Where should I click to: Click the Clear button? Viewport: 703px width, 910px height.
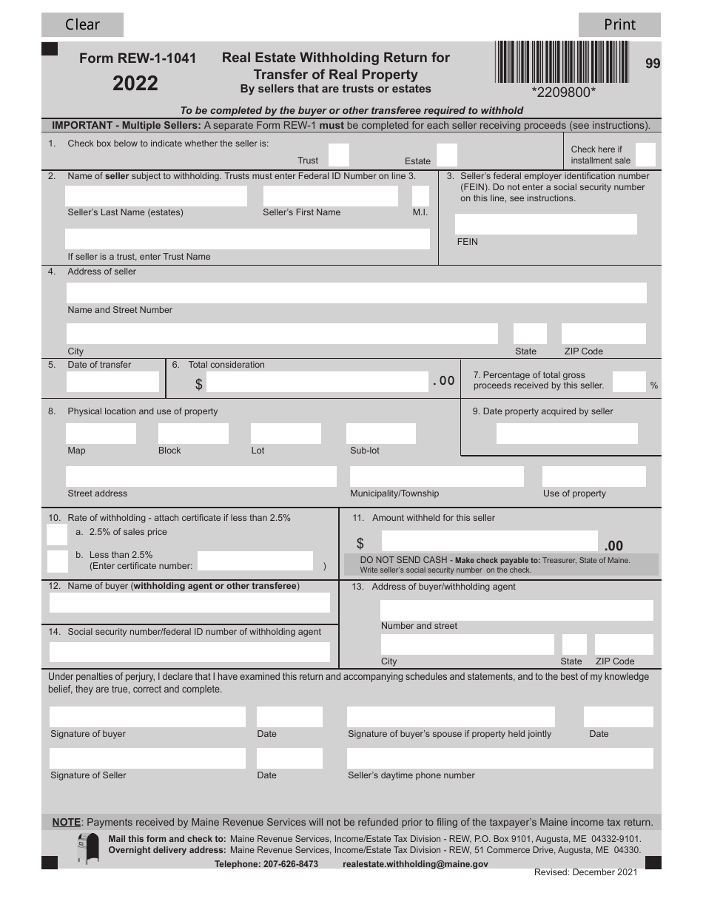(x=82, y=25)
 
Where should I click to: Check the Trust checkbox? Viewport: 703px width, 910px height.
(x=338, y=155)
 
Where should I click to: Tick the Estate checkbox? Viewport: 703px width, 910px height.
(x=447, y=155)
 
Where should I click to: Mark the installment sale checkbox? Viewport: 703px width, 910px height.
(x=645, y=154)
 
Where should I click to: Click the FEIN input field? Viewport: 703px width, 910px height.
(x=545, y=224)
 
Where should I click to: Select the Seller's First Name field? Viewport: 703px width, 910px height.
(x=330, y=196)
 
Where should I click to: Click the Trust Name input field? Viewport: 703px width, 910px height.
(x=247, y=239)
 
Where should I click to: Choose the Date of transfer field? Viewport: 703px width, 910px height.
(x=112, y=382)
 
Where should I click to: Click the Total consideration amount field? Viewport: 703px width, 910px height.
(x=317, y=382)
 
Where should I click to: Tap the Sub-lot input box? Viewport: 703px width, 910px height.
(x=380, y=434)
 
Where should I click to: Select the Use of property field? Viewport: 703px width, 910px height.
(x=593, y=476)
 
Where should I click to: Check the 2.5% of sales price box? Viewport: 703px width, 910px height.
(x=57, y=535)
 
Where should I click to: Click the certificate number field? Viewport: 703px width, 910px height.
(x=255, y=562)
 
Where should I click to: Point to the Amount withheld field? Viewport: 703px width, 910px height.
(x=488, y=542)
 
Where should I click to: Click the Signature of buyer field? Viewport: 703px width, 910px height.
(x=147, y=717)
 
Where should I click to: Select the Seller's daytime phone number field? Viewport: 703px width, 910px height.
(x=499, y=758)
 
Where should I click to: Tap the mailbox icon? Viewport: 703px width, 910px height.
(x=88, y=848)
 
